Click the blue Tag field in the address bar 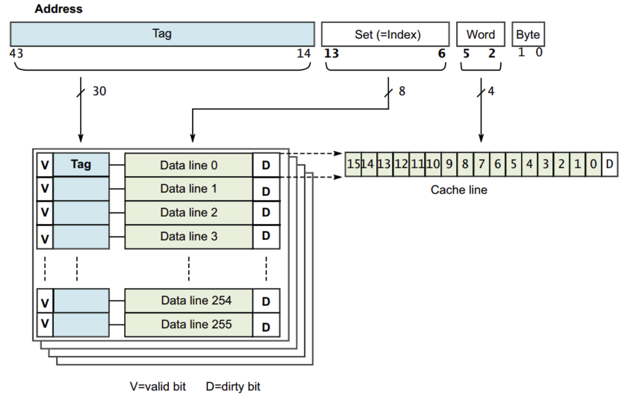click(x=162, y=34)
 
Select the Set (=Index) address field click(x=386, y=34)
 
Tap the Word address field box click(x=481, y=34)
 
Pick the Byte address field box click(x=528, y=34)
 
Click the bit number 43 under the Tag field click(x=16, y=53)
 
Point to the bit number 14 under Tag click(x=304, y=53)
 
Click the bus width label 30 click(x=99, y=91)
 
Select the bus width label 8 click(x=402, y=91)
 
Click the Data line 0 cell click(x=189, y=165)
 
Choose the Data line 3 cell click(x=189, y=237)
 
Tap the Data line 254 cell click(x=189, y=300)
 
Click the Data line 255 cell click(x=189, y=324)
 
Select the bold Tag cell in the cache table click(x=81, y=165)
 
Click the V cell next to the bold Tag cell click(x=45, y=165)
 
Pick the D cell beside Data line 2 click(x=266, y=213)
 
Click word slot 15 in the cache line click(x=353, y=164)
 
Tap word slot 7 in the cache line click(x=481, y=164)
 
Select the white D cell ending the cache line click(x=609, y=164)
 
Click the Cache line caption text click(x=459, y=190)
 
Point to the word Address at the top click(x=58, y=9)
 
